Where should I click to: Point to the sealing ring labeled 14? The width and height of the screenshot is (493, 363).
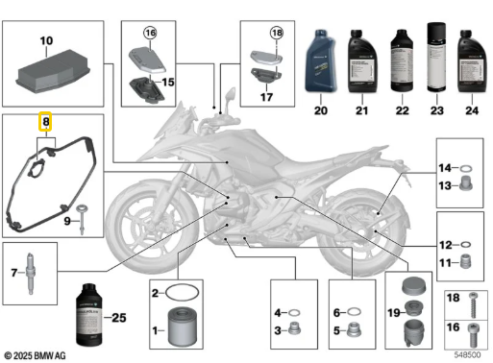pos(465,167)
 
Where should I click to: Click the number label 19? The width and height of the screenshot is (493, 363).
pos(393,312)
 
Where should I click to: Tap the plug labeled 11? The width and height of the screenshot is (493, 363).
pos(465,262)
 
